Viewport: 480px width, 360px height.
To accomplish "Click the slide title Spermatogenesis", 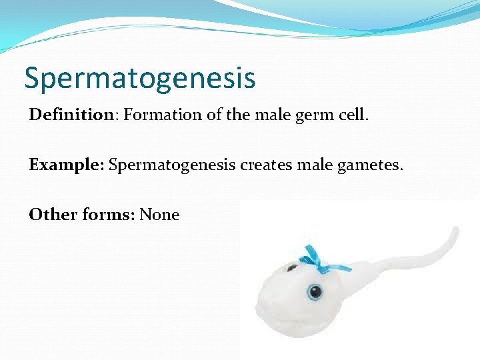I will click(x=139, y=77).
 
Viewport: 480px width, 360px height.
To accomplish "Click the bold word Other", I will click(x=53, y=215).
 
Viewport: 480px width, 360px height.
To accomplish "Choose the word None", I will click(x=159, y=215).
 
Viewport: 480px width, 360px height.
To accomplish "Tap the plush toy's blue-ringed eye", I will click(x=314, y=291).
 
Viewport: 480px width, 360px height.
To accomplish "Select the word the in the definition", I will click(x=238, y=115).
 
